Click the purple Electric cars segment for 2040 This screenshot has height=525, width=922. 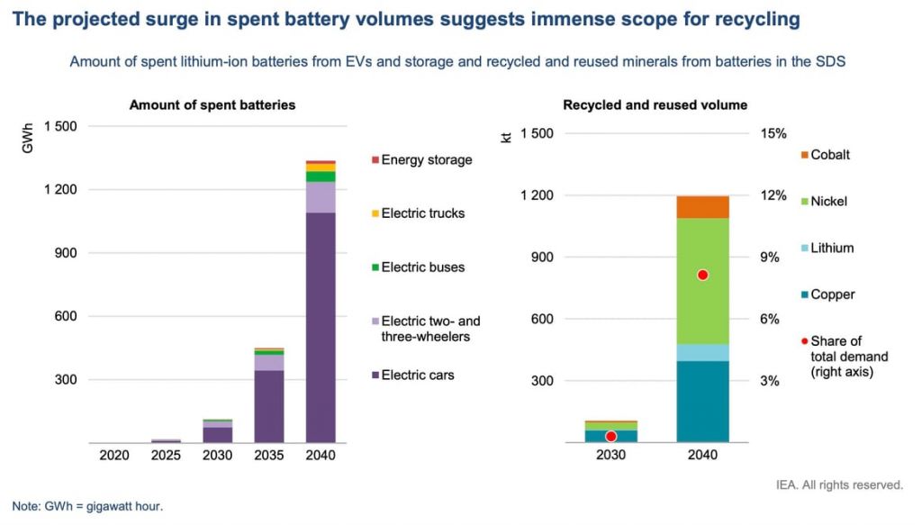point(321,328)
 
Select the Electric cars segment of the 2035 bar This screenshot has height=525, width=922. point(268,406)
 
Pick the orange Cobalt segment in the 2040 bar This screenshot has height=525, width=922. point(702,207)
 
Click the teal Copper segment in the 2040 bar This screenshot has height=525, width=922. point(702,402)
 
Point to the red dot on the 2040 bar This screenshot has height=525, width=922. point(702,275)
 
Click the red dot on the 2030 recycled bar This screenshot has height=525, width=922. point(610,436)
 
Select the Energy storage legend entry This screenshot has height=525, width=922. point(420,160)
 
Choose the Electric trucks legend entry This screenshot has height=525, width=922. point(417,213)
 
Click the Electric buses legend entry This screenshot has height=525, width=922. point(417,267)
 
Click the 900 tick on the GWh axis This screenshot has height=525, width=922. point(61,253)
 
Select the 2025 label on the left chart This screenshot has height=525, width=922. point(165,456)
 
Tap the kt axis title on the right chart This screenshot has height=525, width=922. point(505,139)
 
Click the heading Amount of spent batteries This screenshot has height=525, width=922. point(212,105)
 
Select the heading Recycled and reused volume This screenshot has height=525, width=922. point(655,105)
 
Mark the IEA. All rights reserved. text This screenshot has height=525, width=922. point(838,484)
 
